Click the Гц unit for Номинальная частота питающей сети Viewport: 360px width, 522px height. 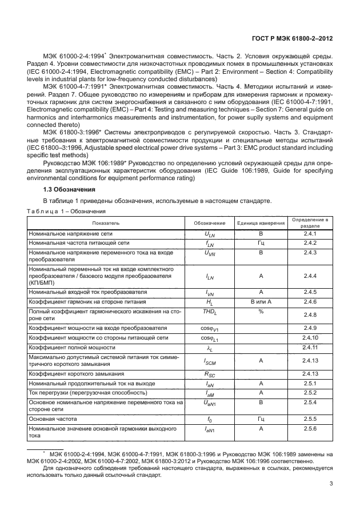tap(261, 243)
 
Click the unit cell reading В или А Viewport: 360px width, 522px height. tap(261, 301)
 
